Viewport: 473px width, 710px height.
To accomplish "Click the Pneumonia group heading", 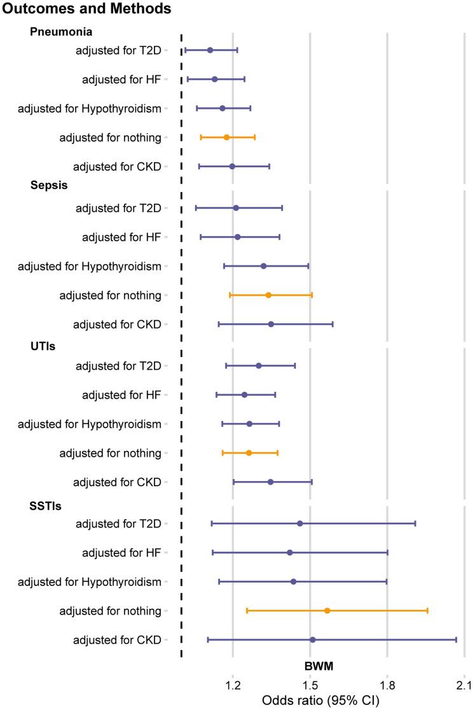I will coord(61,31).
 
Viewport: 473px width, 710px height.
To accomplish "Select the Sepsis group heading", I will coord(49,186).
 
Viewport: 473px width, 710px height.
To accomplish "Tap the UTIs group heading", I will coord(44,344).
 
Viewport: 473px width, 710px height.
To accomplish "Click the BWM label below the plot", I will coord(319,665).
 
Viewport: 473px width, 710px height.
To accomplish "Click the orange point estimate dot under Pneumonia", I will coord(226,137).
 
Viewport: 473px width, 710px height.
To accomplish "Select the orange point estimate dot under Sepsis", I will coord(268,295).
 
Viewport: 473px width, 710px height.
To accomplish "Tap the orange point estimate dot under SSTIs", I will coord(327,611).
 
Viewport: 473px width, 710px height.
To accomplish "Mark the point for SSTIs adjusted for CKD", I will coord(312,639).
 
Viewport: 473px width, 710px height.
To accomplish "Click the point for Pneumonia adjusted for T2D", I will coord(210,50).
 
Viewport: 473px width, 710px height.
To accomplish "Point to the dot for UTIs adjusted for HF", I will coord(244,395).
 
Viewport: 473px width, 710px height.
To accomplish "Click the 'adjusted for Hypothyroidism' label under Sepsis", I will coord(90,266).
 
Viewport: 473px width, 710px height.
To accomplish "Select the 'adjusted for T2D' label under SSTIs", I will coord(118,524).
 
